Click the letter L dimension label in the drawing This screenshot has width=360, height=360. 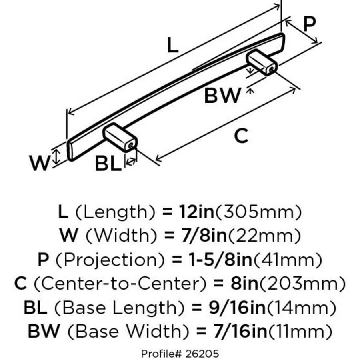coord(172,45)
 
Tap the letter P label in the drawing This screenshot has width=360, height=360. coord(309,24)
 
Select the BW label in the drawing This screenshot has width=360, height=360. coord(223,96)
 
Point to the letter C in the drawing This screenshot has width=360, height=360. coord(241,136)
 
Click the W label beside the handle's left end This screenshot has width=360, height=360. coord(40,163)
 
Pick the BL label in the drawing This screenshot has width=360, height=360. coord(108,164)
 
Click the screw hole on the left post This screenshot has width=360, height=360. coord(130,146)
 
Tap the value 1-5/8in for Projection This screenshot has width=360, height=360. coord(218,260)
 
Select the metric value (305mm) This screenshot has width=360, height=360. coord(258,212)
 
